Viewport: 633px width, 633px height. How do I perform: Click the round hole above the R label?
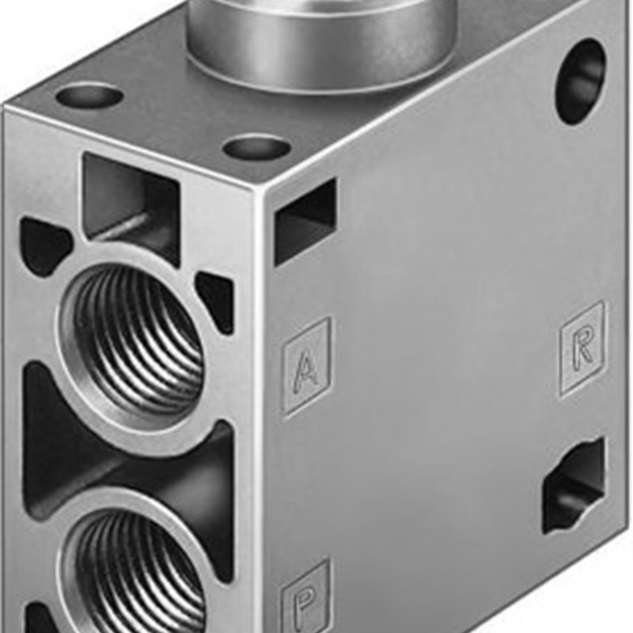click(579, 81)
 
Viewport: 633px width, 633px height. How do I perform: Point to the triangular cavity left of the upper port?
click(44, 245)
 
